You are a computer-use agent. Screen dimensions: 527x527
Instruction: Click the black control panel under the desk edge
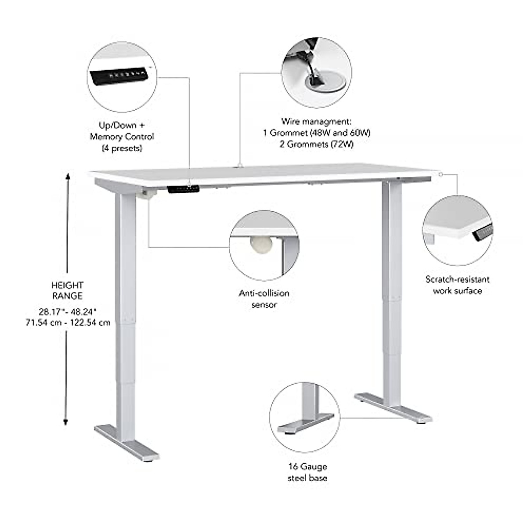pos(183,189)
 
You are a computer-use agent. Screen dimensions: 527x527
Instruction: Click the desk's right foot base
pos(393,407)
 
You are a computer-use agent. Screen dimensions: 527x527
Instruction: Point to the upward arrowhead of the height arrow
pos(68,176)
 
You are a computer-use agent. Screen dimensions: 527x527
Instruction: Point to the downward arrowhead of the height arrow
pos(65,422)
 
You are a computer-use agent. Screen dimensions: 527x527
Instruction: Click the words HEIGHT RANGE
pos(67,291)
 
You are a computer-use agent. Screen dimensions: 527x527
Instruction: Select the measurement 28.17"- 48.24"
pos(68,312)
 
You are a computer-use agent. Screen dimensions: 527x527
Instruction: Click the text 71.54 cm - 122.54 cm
pos(68,323)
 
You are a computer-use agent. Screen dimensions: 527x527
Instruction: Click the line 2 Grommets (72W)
pos(316,144)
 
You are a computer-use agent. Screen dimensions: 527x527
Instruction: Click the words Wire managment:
pos(316,121)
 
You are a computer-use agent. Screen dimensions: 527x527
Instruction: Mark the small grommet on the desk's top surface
pos(240,166)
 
